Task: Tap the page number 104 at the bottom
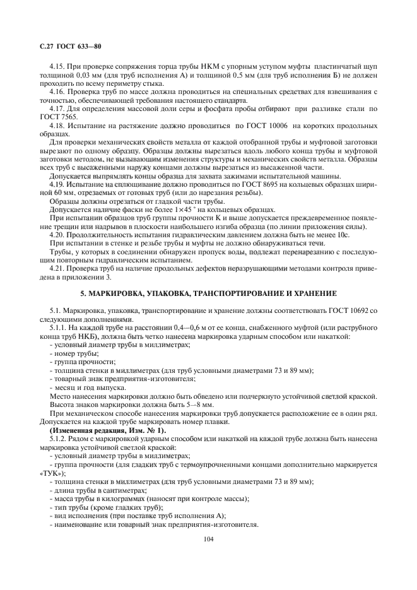click(x=208, y=539)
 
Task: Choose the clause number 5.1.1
click(x=59, y=328)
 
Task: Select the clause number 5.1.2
click(x=59, y=437)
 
